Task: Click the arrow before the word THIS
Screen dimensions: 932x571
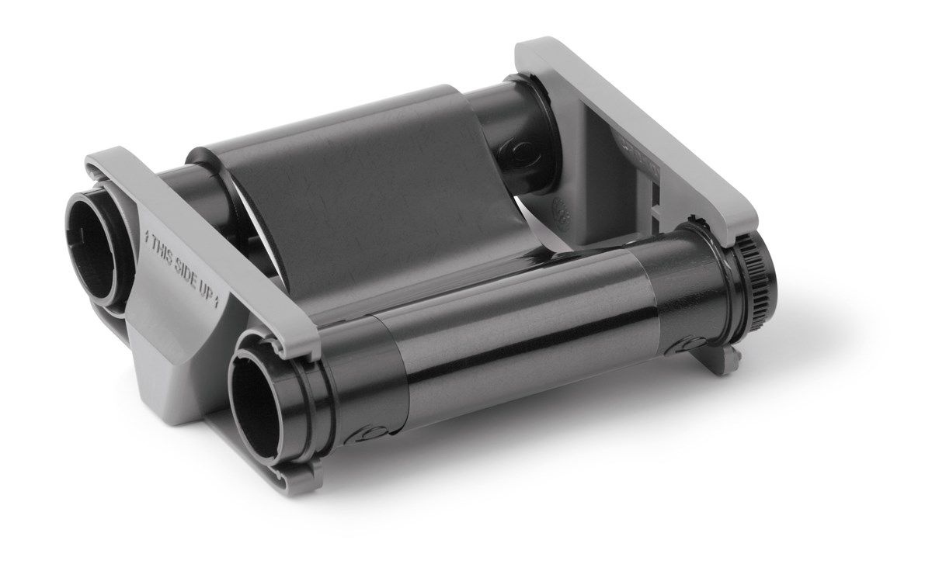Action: point(146,240)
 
